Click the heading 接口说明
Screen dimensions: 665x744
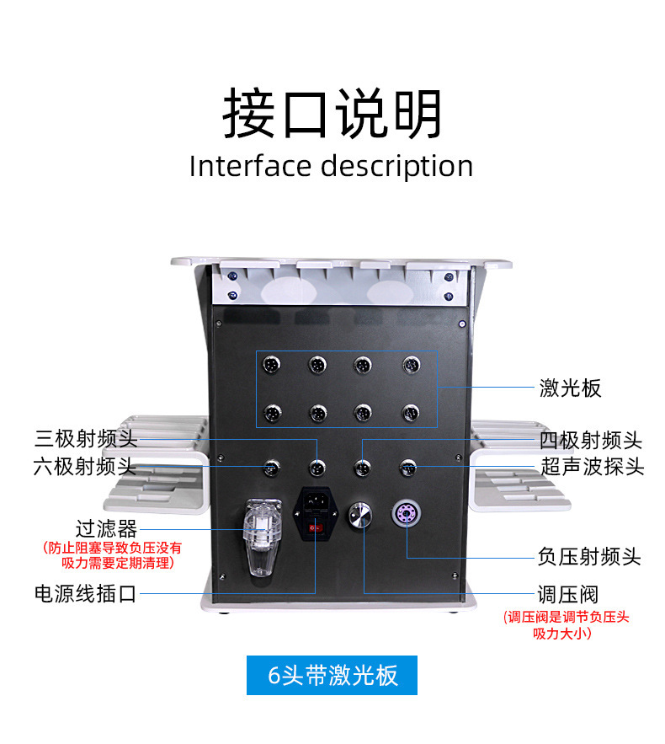click(x=332, y=114)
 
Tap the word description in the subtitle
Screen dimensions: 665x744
click(x=396, y=167)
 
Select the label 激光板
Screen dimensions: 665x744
click(x=571, y=388)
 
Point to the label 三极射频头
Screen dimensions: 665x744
click(x=86, y=439)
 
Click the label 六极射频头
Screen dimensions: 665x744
click(x=85, y=465)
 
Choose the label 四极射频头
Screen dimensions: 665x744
click(x=591, y=440)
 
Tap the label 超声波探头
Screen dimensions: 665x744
click(x=593, y=465)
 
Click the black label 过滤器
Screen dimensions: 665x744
click(x=107, y=529)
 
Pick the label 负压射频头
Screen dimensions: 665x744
click(x=589, y=556)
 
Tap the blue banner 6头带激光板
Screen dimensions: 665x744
click(x=332, y=675)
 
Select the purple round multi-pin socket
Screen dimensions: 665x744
click(x=406, y=514)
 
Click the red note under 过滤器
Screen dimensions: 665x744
click(x=112, y=554)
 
